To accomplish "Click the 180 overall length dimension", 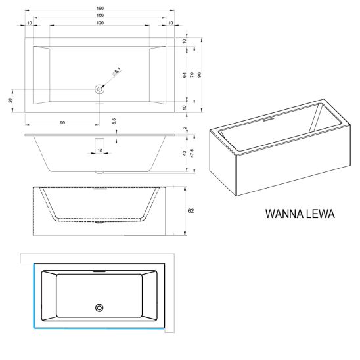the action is click(100, 9).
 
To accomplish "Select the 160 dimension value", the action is click(100, 15).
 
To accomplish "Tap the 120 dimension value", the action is click(100, 23).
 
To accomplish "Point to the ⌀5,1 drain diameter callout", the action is click(117, 72).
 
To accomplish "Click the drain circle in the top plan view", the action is click(100, 89).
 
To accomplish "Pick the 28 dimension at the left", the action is click(10, 101).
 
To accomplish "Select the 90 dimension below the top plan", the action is click(62, 123).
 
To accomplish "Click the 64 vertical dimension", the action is click(185, 75).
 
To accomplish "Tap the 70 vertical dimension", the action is click(192, 75).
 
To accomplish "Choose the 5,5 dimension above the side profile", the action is click(114, 121).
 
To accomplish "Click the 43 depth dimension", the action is click(185, 154).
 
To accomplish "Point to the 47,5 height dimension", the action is click(192, 153).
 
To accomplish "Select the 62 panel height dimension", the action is click(191, 210).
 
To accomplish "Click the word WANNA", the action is click(281, 214).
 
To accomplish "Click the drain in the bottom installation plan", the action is click(99, 308).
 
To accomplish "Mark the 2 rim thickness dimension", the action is click(185, 128).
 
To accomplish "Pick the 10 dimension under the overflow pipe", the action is click(100, 150).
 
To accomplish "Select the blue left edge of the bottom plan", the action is click(34, 296).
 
